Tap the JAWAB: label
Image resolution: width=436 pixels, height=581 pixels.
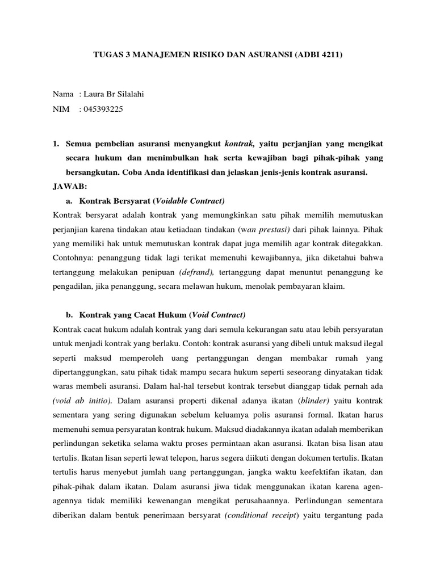click(69, 186)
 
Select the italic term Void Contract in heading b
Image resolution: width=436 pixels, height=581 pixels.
click(219, 315)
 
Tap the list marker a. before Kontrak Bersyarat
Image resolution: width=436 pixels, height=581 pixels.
click(69, 201)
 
